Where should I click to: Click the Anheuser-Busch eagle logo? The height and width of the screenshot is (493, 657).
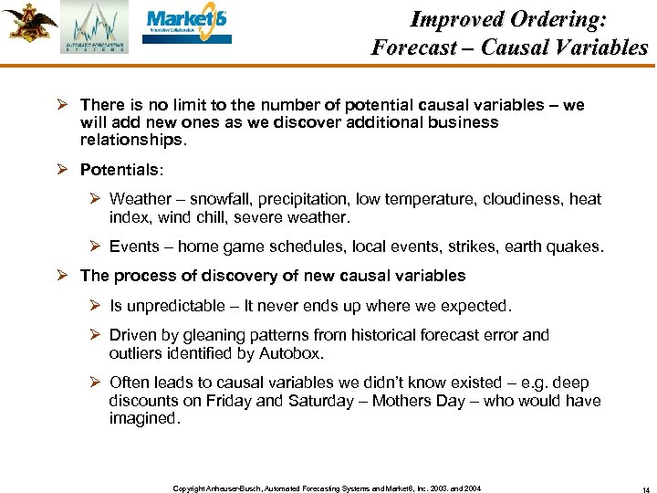click(29, 23)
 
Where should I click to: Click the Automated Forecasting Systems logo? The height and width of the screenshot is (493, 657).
click(95, 27)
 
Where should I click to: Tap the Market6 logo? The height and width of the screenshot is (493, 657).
click(188, 25)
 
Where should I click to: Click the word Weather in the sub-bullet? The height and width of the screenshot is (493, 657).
click(140, 199)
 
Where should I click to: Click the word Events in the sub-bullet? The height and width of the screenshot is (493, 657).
click(134, 246)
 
